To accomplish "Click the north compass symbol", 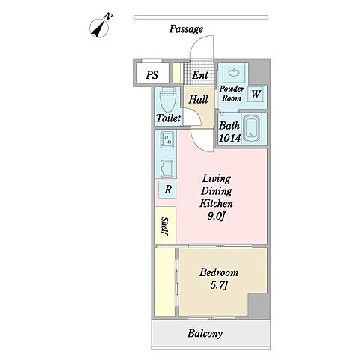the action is pyautogui.click(x=99, y=27).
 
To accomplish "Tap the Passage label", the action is pyautogui.click(x=186, y=29).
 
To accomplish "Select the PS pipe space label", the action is pyautogui.click(x=152, y=74).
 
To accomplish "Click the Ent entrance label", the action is pyautogui.click(x=200, y=75).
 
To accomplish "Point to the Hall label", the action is pyautogui.click(x=198, y=99).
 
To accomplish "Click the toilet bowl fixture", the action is pyautogui.click(x=168, y=100).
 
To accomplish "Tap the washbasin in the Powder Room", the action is pyautogui.click(x=234, y=73).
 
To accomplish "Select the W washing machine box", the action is pyautogui.click(x=256, y=94).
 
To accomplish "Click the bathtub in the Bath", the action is pyautogui.click(x=252, y=129).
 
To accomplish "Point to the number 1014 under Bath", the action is pyautogui.click(x=229, y=138).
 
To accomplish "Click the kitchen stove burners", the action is pyautogui.click(x=167, y=139).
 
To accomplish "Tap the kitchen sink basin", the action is pyautogui.click(x=167, y=169).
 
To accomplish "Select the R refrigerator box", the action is pyautogui.click(x=168, y=190).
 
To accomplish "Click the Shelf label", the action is pyautogui.click(x=164, y=226).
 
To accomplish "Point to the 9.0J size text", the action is pyautogui.click(x=217, y=216).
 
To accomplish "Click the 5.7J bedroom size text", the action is pyautogui.click(x=219, y=285).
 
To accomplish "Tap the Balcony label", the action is pyautogui.click(x=205, y=334).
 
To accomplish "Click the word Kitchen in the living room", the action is pyautogui.click(x=216, y=203).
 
